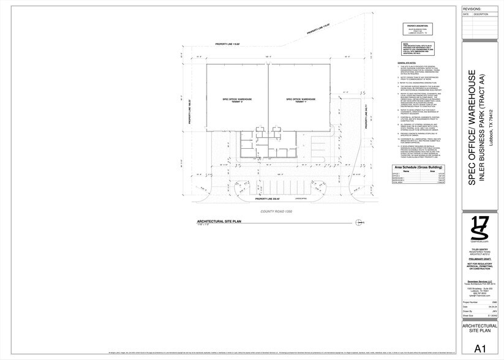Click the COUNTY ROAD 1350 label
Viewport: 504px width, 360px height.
pos(277,211)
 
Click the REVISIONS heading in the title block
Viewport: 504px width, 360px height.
pos(472,9)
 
